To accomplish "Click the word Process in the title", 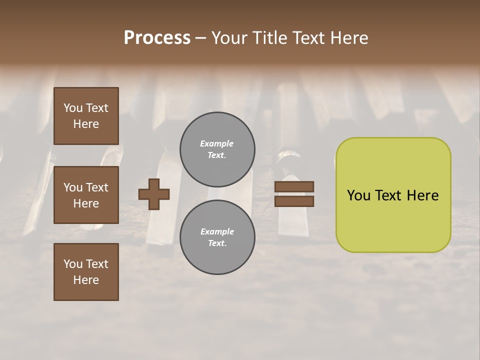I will click(157, 38).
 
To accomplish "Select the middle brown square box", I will click(86, 195).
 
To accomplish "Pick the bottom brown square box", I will click(86, 272).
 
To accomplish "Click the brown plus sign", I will click(153, 194).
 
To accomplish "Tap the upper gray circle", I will click(217, 149).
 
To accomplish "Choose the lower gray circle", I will click(217, 237).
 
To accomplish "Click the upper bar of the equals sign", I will click(294, 186).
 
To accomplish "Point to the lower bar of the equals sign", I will click(294, 201).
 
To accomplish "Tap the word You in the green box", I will click(358, 195).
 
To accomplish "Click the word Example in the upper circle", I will click(217, 143).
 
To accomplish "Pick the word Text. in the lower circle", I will click(217, 243).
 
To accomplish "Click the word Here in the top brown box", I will click(86, 124).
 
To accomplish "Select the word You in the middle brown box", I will click(73, 187).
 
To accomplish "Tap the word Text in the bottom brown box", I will click(97, 264).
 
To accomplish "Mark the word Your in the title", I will click(230, 38).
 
